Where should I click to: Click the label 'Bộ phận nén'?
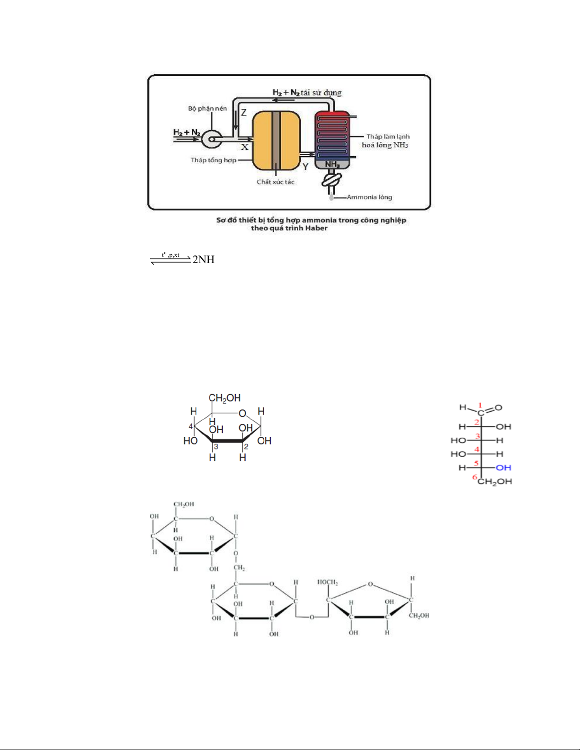click(x=207, y=108)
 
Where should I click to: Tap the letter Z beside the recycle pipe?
click(x=244, y=113)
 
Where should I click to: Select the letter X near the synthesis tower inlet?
click(x=244, y=148)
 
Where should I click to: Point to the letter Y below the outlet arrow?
click(x=305, y=167)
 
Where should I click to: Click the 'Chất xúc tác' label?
click(x=276, y=182)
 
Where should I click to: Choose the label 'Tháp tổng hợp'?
click(x=214, y=160)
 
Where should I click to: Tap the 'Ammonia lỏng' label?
click(x=369, y=197)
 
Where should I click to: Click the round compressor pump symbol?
click(x=211, y=139)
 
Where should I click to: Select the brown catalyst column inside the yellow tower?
click(x=276, y=140)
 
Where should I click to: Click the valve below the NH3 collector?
click(x=332, y=180)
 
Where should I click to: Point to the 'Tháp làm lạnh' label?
click(x=388, y=136)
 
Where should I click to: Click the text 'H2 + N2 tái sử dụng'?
click(x=307, y=92)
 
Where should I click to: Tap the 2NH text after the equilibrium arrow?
click(x=204, y=259)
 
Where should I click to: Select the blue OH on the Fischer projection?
click(x=503, y=468)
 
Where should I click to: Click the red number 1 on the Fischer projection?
click(x=480, y=405)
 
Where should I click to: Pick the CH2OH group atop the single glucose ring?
click(x=224, y=398)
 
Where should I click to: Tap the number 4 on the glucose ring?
click(x=191, y=426)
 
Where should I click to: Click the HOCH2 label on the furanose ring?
click(x=328, y=582)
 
